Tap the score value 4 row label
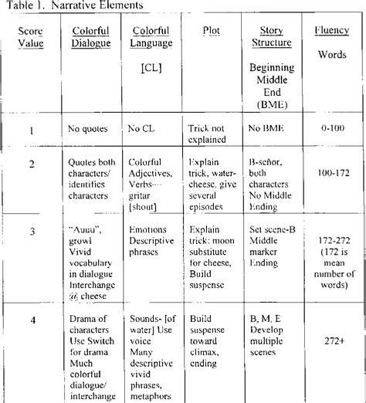coord(32,320)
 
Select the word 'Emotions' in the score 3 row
coord(148,229)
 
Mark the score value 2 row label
coord(32,164)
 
